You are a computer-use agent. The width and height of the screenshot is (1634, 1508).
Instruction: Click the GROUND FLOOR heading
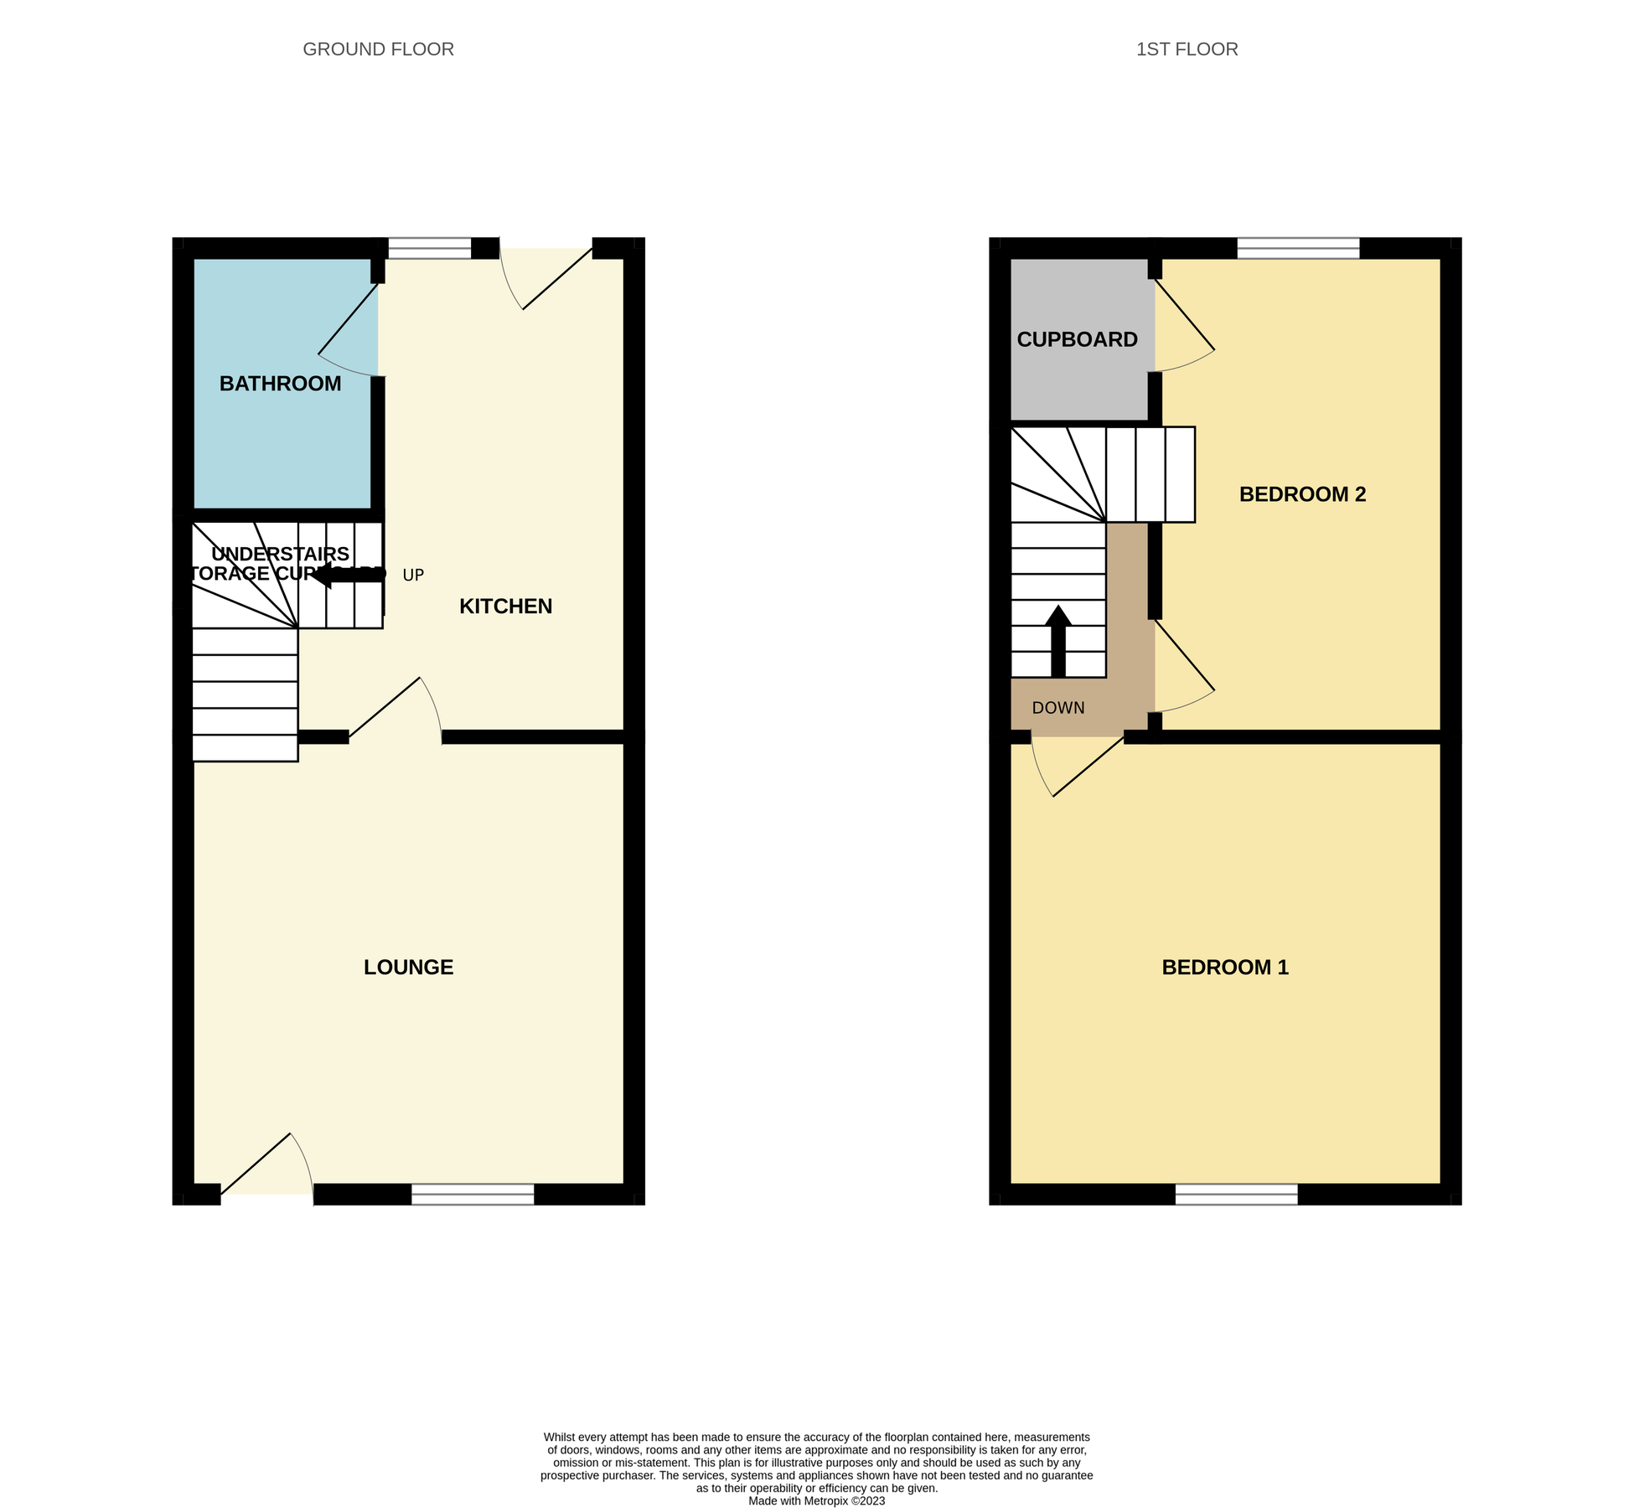[x=378, y=49]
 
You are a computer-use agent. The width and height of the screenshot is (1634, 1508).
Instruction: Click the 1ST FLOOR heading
[x=1187, y=49]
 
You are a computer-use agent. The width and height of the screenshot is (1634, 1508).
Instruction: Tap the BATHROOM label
[x=280, y=384]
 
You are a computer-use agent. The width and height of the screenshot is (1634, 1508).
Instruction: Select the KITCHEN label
[x=505, y=607]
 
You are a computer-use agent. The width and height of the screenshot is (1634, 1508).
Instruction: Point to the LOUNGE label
[x=408, y=968]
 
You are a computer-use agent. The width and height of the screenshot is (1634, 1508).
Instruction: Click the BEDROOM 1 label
[x=1224, y=968]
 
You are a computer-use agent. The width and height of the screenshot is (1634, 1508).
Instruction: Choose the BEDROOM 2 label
[x=1302, y=494]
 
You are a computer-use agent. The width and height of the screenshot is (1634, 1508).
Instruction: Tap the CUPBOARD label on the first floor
[x=1077, y=339]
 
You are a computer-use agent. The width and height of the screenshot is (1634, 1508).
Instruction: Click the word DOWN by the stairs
[x=1058, y=708]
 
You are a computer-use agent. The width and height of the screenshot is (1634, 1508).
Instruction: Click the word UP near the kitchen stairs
[x=413, y=576]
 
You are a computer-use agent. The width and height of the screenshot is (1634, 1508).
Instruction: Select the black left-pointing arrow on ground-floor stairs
[x=348, y=575]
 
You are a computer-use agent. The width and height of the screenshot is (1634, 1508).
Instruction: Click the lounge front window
[x=473, y=1194]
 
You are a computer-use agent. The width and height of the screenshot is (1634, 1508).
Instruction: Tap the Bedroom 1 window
[x=1236, y=1194]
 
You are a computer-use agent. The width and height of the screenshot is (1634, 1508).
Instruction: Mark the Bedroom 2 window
[x=1298, y=248]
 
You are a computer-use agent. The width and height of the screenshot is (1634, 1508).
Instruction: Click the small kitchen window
[x=430, y=248]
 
